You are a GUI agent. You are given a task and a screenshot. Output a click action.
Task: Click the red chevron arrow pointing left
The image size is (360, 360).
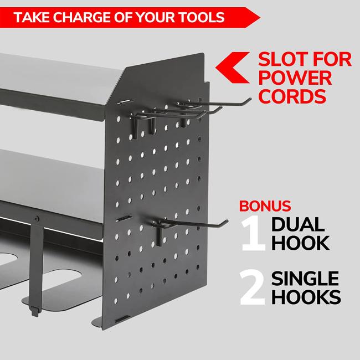233,68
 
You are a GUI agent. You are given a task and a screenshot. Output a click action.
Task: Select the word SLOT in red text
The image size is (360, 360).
282,59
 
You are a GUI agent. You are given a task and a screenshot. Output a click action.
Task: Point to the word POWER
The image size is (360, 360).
295,78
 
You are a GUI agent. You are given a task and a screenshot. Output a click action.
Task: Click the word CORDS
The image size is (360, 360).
292,96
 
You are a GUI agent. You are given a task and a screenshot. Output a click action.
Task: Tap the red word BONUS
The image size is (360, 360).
265,206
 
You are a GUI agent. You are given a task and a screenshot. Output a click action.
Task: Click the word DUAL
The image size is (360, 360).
298,224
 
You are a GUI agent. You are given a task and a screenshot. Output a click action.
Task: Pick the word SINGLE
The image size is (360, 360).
305,278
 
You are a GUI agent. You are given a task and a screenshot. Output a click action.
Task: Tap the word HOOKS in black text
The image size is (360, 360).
306,297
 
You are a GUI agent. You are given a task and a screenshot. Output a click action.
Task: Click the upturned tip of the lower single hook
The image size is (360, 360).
226,222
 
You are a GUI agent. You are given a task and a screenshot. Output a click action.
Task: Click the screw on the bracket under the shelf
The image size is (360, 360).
36,219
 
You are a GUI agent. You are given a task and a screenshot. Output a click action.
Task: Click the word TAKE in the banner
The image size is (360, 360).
32,18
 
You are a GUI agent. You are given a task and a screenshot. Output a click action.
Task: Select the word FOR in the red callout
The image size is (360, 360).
332,59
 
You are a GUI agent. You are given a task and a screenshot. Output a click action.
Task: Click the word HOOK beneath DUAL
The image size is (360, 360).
301,243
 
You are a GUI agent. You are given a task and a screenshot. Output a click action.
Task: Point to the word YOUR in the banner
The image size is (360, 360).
156,18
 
